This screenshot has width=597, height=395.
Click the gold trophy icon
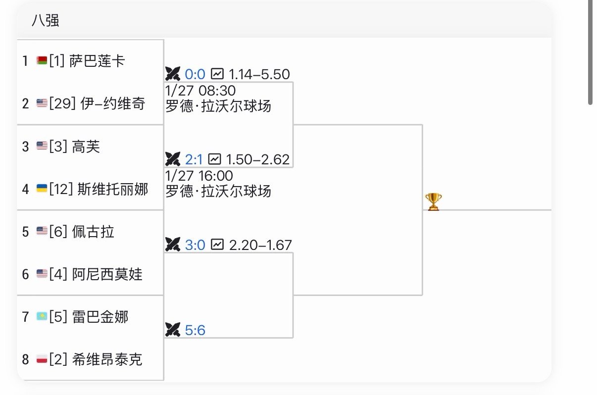point(433,202)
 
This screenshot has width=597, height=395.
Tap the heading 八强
point(46,20)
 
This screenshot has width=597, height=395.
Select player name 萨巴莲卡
point(98,61)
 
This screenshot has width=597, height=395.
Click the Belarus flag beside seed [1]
point(42,60)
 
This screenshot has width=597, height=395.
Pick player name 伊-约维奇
point(112,103)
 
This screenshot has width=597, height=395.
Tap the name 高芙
point(86,147)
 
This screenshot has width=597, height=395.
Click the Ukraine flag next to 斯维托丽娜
point(42,189)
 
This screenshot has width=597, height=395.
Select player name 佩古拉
point(93,232)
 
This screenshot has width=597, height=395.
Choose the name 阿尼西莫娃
point(107,274)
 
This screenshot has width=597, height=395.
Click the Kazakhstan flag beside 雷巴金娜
point(42,316)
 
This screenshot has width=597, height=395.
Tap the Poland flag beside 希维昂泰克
point(42,359)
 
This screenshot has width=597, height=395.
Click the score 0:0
point(195,74)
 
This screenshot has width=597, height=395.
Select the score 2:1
point(194,159)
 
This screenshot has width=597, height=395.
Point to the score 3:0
point(195,245)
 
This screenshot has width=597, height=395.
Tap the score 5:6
point(195,330)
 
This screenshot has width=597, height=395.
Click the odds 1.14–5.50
point(259,74)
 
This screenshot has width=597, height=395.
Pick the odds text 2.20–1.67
point(260,245)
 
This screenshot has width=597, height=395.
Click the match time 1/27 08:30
point(200,91)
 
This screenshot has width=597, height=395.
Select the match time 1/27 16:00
point(199,176)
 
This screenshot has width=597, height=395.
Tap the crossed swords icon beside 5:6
point(173,330)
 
